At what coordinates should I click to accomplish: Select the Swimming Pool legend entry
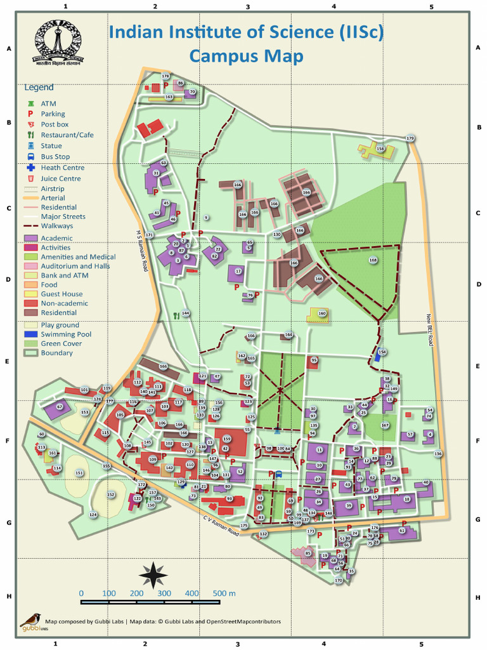pos(65,334)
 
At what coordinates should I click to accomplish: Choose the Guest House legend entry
pos(61,294)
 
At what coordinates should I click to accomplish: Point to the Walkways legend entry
pos(56,225)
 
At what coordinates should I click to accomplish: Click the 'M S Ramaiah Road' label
pos(143,251)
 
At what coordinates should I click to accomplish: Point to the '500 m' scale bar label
pos(223,593)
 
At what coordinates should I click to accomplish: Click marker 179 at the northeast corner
pos(410,138)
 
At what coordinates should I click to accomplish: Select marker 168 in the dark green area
pos(373,260)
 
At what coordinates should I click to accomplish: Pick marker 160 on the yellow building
pos(322,313)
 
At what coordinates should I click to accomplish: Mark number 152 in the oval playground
pos(111,494)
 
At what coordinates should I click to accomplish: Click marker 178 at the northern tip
pos(166,76)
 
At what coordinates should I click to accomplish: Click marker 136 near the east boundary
pos(438,454)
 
